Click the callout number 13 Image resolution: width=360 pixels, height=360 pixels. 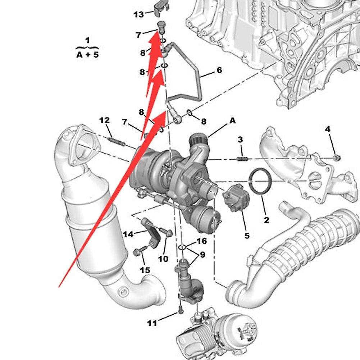pyautogui.click(x=139, y=14)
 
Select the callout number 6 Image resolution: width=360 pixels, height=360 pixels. pyautogui.click(x=219, y=70)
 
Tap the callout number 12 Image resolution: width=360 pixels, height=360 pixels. pyautogui.click(x=104, y=120)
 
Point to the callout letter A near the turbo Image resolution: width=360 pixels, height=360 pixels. pyautogui.click(x=233, y=120)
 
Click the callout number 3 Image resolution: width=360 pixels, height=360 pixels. pyautogui.click(x=240, y=140)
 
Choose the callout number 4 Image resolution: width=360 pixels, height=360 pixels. pyautogui.click(x=328, y=129)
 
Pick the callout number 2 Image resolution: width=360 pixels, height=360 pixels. pyautogui.click(x=266, y=220)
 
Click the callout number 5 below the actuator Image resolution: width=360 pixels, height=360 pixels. pyautogui.click(x=247, y=236)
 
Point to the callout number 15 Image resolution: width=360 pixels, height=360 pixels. pyautogui.click(x=145, y=270)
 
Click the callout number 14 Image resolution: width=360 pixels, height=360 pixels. pyautogui.click(x=128, y=234)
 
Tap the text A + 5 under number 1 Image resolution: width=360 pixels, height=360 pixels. pyautogui.click(x=87, y=55)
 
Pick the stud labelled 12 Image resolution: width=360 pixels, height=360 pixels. pyautogui.click(x=117, y=141)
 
